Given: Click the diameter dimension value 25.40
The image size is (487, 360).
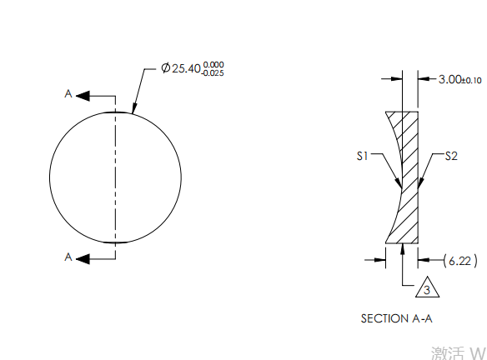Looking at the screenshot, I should click(185, 69).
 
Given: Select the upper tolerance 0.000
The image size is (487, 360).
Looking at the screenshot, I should click(213, 64).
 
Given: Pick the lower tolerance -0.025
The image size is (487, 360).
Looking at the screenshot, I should click(212, 73).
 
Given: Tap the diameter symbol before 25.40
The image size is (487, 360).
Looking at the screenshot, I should click(165, 69).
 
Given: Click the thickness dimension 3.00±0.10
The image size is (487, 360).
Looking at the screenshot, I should click(459, 79).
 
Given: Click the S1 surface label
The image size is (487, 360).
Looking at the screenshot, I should click(364, 156).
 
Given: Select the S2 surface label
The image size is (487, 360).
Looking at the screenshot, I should click(451, 156).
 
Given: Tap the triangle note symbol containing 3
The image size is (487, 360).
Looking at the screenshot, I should click(426, 288).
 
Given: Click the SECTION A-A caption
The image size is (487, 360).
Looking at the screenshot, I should click(396, 317).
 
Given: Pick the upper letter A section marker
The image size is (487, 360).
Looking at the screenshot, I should click(68, 95).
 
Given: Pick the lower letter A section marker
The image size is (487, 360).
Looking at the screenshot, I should click(68, 257).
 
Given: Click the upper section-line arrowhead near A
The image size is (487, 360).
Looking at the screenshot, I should click(83, 96).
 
